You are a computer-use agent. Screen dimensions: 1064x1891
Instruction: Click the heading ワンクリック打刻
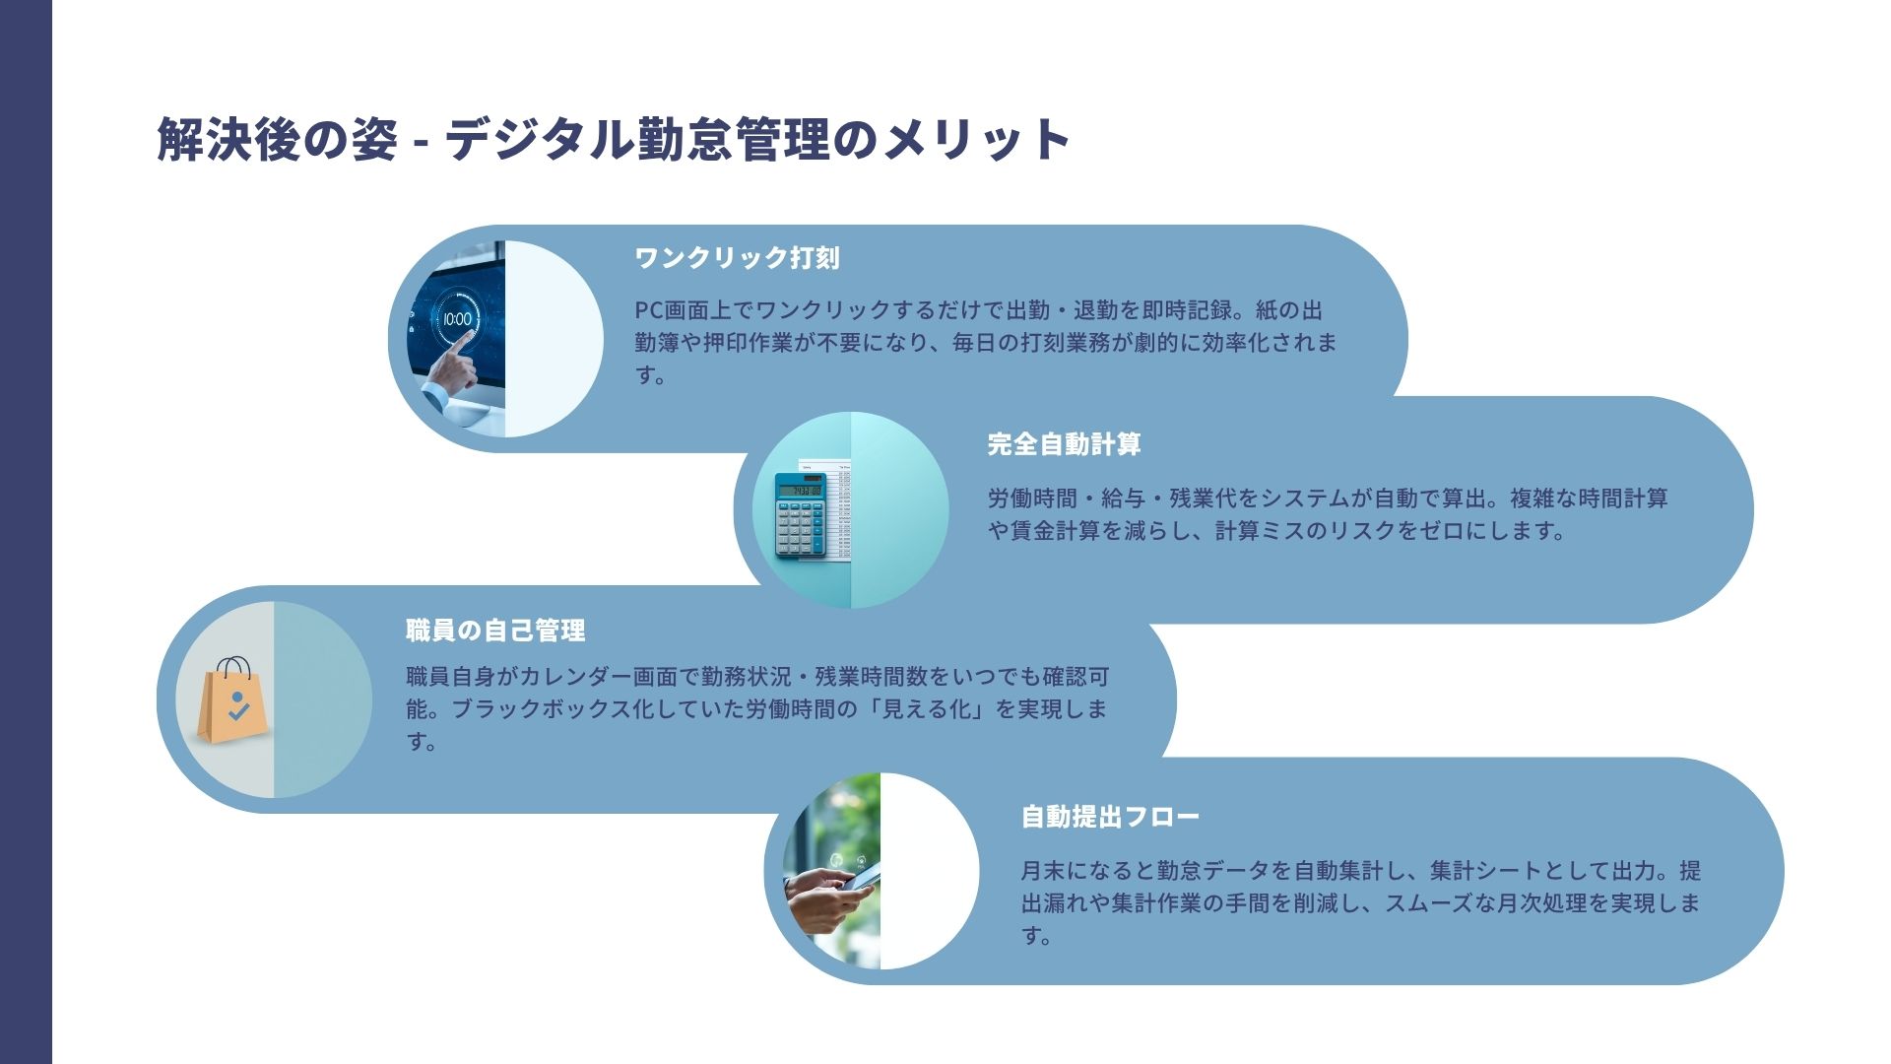click(x=737, y=258)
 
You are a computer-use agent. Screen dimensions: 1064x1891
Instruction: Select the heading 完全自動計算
click(x=1064, y=444)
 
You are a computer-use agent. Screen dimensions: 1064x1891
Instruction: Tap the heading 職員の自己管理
click(x=495, y=631)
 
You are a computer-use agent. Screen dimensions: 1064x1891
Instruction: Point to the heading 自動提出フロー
click(x=1110, y=817)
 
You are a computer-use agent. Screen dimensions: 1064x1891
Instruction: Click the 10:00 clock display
click(x=457, y=318)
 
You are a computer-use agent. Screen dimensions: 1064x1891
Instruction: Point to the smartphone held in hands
click(x=859, y=876)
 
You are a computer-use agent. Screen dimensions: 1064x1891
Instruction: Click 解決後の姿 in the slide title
click(x=277, y=139)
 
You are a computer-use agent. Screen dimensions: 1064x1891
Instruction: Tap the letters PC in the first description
click(x=649, y=310)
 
